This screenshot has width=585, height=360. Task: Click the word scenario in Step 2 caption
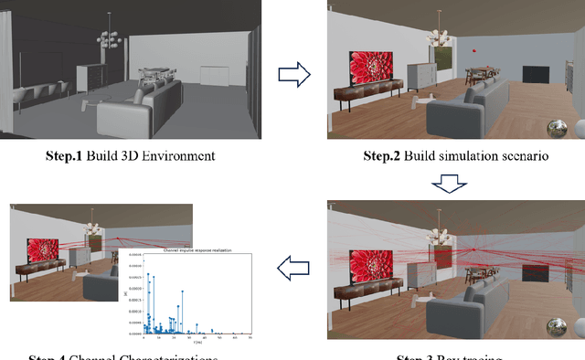(519, 156)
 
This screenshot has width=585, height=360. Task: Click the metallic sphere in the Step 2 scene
(554, 127)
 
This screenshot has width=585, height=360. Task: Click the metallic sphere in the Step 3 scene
(554, 327)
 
